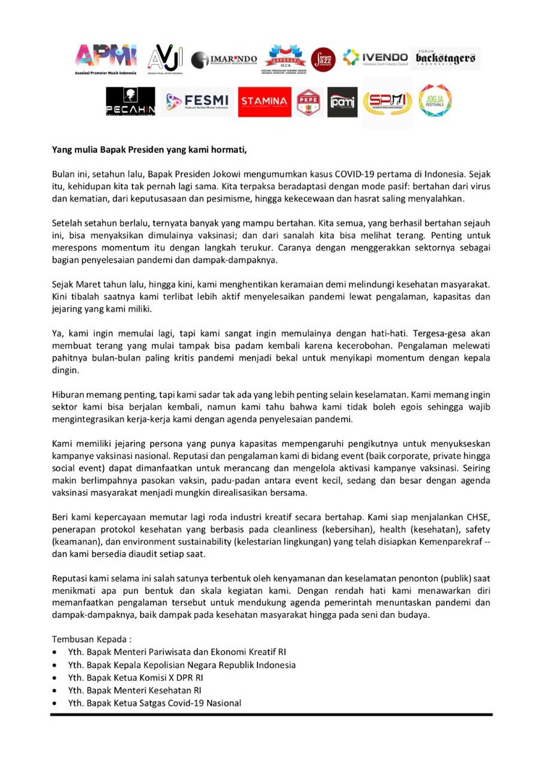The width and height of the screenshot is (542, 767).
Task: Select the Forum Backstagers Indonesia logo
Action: (445, 58)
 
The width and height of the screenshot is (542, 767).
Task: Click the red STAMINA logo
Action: (265, 102)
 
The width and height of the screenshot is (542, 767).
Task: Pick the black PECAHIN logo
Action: (130, 102)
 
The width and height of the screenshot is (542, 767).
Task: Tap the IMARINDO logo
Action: (224, 59)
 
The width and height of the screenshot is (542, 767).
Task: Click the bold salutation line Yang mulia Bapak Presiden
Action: (149, 150)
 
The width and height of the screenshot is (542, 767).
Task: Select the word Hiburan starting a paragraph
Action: (70, 396)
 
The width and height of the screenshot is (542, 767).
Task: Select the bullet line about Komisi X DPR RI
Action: (136, 678)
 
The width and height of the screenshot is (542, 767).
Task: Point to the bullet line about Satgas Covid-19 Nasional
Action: (154, 703)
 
